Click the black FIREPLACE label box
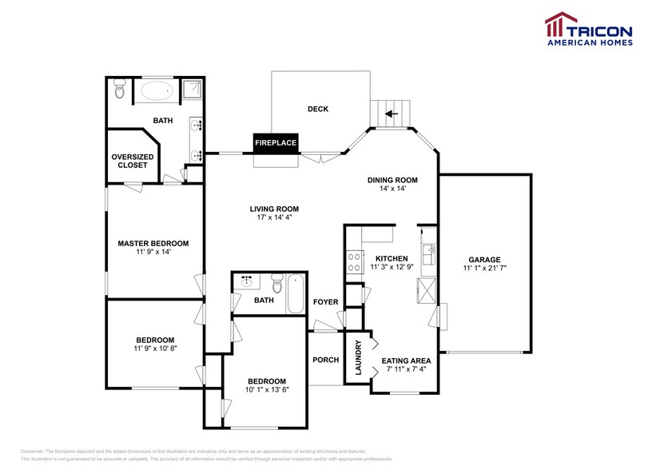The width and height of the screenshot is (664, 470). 276,143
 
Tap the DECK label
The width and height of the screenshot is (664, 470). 318,110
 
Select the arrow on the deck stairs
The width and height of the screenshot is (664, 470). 391,114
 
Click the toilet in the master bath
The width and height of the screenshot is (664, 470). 120,90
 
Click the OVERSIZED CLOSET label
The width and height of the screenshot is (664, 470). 133,161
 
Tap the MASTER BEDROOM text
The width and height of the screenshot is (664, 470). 153,243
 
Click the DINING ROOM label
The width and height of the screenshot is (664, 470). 392,180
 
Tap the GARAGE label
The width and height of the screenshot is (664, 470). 484,259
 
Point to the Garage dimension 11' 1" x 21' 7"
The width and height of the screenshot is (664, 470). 484,269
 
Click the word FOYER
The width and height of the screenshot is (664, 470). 325,302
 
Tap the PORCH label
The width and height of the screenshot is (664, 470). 325,360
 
